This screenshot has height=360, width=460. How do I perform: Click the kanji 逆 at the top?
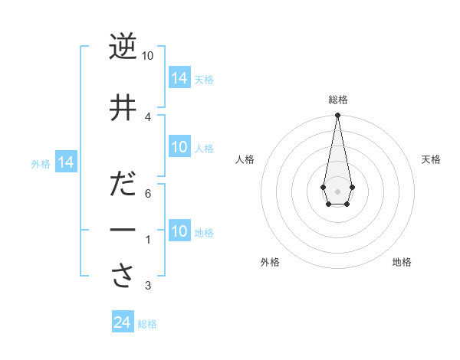[x=123, y=47]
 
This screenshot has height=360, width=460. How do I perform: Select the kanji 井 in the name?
[x=123, y=108]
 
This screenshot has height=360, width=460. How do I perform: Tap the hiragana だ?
[x=123, y=186]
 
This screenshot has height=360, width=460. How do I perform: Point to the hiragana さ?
[x=123, y=277]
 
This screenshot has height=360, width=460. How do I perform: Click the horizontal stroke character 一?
[x=123, y=230]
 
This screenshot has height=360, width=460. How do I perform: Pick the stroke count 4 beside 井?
[x=148, y=116]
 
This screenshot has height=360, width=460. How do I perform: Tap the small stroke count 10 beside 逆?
[x=148, y=56]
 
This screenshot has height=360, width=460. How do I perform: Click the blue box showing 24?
[x=122, y=322]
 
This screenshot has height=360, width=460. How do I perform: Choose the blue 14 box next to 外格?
[x=65, y=162]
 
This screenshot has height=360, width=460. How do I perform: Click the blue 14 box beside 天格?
[x=179, y=77]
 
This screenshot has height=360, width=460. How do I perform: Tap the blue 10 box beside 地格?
[x=179, y=231]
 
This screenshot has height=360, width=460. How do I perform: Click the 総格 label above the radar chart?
[x=337, y=100]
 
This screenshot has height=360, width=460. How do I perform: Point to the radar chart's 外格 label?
[x=270, y=262]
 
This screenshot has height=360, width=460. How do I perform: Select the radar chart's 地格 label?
[x=402, y=262]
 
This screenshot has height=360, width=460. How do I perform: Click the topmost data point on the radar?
[x=337, y=116]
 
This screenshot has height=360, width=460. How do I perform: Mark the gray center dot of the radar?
[x=337, y=191]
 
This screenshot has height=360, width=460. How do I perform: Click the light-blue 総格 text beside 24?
[x=147, y=324]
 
